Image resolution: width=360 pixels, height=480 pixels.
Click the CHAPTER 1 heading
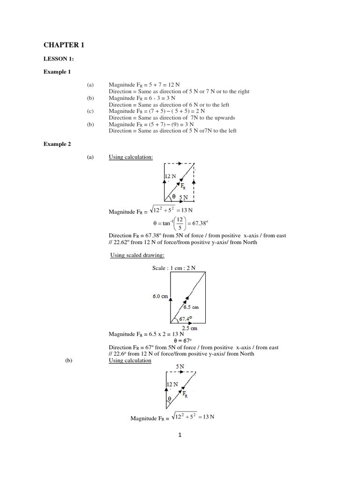(x=64, y=45)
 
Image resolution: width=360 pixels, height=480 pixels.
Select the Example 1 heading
(x=57, y=72)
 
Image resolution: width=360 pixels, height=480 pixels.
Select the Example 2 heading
(x=57, y=144)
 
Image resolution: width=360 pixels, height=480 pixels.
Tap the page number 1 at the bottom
(x=180, y=435)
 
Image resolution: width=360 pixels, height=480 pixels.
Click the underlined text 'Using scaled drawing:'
(x=137, y=255)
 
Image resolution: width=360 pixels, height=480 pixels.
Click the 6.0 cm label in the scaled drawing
(x=160, y=296)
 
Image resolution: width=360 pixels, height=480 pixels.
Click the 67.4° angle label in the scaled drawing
(x=186, y=319)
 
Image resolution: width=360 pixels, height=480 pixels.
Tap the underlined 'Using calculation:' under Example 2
(x=131, y=157)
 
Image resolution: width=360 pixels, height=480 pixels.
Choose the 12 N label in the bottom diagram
(x=172, y=385)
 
